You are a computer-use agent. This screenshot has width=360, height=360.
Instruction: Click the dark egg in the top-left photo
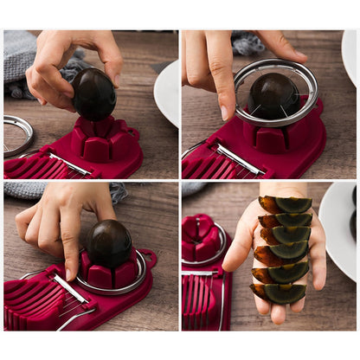93,94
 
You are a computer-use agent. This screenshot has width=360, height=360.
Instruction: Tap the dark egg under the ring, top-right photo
273,94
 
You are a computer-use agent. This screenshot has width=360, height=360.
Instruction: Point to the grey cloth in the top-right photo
250,42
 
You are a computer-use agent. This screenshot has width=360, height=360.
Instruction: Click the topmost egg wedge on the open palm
286,205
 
